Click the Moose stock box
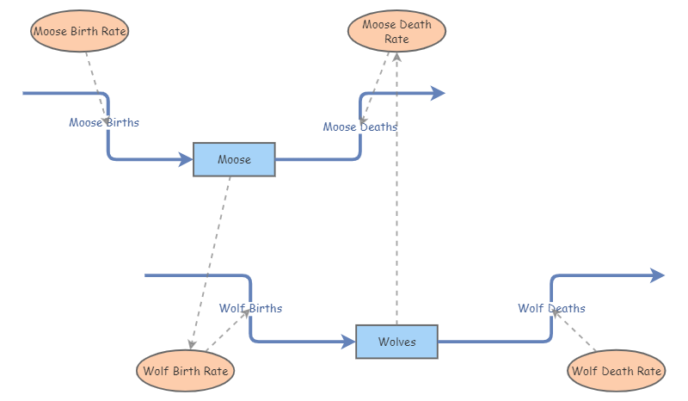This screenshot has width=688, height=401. coord(234,159)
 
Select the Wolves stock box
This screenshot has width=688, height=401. coord(396,342)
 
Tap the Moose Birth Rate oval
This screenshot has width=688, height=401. coord(81,32)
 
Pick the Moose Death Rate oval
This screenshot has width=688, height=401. coord(396,32)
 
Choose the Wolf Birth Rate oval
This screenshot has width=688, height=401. coord(186,371)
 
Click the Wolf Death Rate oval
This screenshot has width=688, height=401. coord(617,371)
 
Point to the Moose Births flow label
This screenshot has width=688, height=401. coord(104,122)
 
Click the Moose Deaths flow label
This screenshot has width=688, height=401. coord(360,126)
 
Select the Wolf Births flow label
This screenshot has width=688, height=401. coord(250,308)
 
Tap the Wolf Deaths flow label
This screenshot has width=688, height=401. coord(551,308)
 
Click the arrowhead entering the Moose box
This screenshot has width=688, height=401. coord(185,159)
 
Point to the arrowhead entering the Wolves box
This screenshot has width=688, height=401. coord(348,342)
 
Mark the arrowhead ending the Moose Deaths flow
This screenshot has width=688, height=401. coord(438,93)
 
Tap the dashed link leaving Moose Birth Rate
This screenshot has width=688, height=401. coord(94,81)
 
